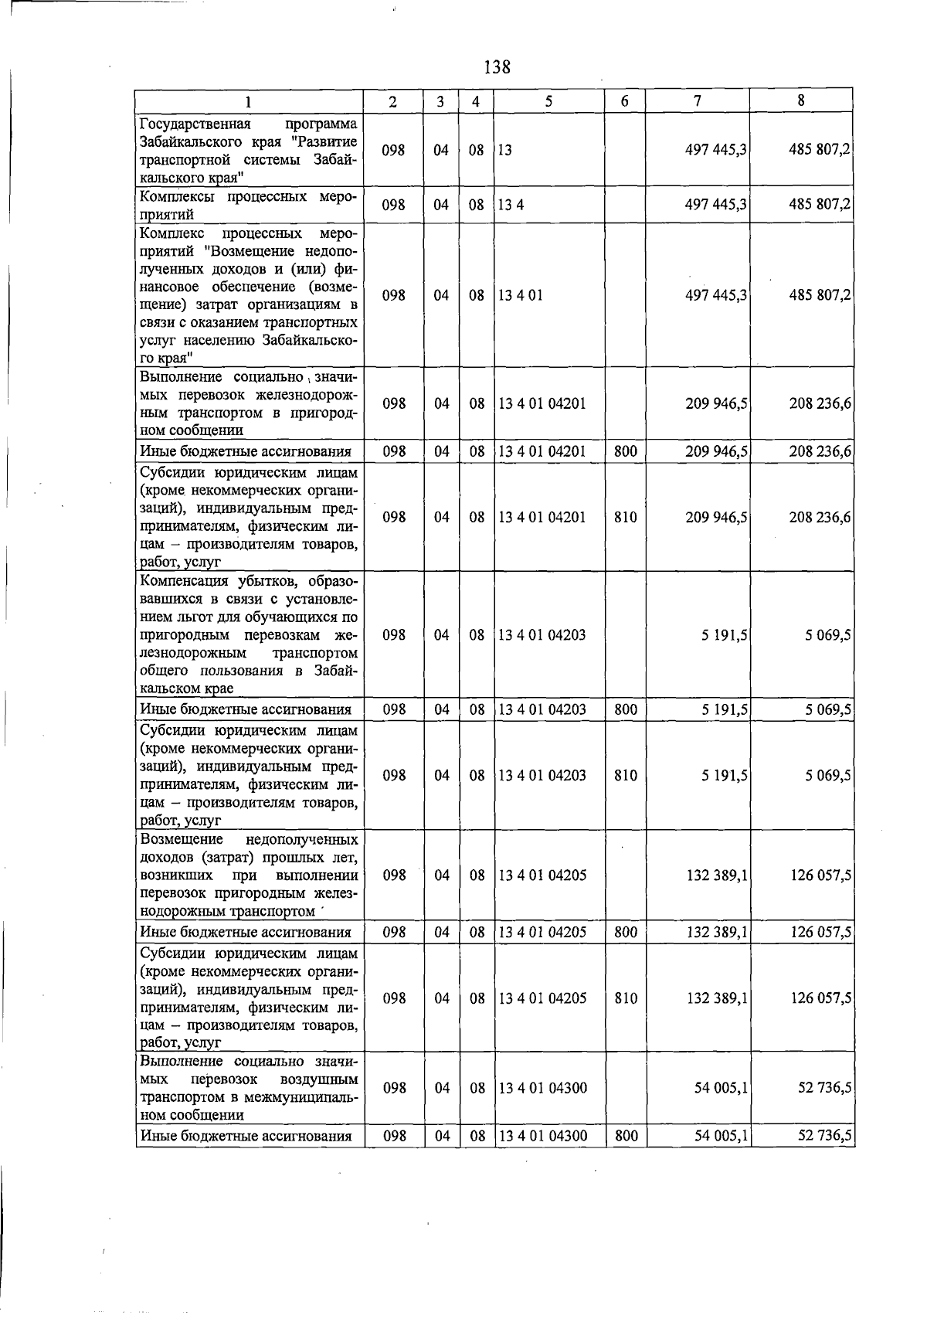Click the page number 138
[x=497, y=67]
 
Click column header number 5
[x=548, y=101]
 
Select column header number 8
[x=801, y=100]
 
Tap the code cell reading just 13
[x=504, y=151]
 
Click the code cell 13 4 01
[x=520, y=295]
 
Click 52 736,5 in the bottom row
[x=824, y=1136]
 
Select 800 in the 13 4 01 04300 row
[x=625, y=1136]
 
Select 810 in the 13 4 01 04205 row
[x=625, y=998]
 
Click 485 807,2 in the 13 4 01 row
[x=820, y=295]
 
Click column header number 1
[x=249, y=101]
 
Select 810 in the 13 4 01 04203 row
[x=625, y=775]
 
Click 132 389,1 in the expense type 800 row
[x=717, y=933]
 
